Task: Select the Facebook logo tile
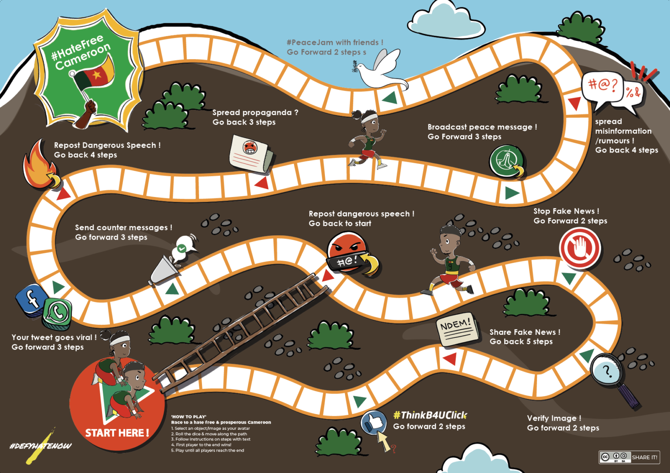pyautogui.click(x=31, y=299)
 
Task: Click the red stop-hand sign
pyautogui.click(x=580, y=248)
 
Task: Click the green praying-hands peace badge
pyautogui.click(x=506, y=161)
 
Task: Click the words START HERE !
pyautogui.click(x=117, y=433)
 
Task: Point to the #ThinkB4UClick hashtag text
pyautogui.click(x=430, y=415)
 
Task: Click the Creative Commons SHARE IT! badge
pyautogui.click(x=629, y=457)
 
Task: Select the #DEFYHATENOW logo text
pyautogui.click(x=40, y=446)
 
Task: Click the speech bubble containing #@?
pyautogui.click(x=603, y=87)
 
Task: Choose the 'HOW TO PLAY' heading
pyautogui.click(x=188, y=417)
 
